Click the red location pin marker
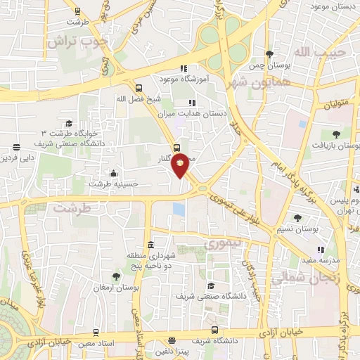[x=181, y=165]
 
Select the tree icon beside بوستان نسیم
[x=297, y=217]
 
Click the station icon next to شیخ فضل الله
[x=139, y=89]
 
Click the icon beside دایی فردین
[x=15, y=148]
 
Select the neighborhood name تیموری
[x=221, y=243]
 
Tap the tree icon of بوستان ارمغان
[x=116, y=276]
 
